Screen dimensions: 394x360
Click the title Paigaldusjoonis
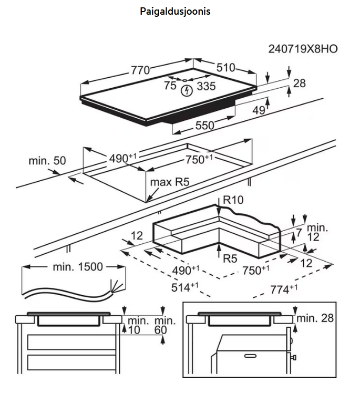point(175,11)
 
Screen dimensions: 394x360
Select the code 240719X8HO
point(303,49)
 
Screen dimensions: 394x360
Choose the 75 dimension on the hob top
point(169,86)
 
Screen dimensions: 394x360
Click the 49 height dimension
point(258,110)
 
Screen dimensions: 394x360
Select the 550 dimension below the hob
point(205,126)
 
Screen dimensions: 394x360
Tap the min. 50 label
point(47,161)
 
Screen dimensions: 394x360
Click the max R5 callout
point(169,182)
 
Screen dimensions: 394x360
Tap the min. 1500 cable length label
point(77,267)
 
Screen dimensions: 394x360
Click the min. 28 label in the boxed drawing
point(315,318)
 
